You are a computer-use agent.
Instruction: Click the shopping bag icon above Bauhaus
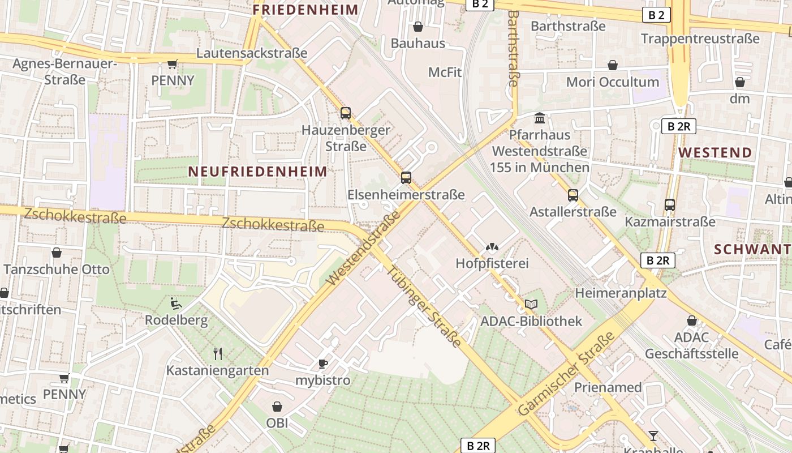coord(417,27)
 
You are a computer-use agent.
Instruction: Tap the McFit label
coord(445,72)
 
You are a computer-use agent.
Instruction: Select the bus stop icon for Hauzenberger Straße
coord(346,113)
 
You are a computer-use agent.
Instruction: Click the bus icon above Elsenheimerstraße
coord(406,177)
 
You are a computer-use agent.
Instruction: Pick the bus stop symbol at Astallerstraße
coord(573,195)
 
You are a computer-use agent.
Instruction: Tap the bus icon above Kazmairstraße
coord(670,205)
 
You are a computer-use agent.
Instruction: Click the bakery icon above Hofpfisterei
coord(492,247)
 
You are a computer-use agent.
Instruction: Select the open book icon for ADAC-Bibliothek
coord(531,305)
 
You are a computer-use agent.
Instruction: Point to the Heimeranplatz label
coord(621,293)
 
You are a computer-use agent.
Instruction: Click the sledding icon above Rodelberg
coord(176,304)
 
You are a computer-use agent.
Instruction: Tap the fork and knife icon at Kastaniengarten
coord(217,354)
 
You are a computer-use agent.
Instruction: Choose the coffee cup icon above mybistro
coord(322,364)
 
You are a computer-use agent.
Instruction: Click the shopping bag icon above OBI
coord(277,407)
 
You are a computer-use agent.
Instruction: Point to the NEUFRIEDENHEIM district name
coord(257,172)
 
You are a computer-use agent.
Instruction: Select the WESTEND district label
coord(715,152)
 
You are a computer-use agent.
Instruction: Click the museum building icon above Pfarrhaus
coord(540,118)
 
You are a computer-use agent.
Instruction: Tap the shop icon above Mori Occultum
coord(612,66)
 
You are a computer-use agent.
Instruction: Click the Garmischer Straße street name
coord(566,373)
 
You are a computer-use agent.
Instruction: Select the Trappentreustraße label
coord(700,39)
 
